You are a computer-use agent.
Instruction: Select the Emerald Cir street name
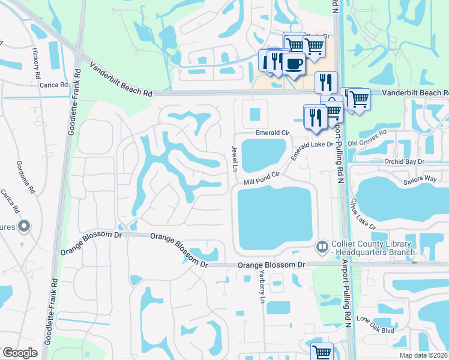(x=273, y=132)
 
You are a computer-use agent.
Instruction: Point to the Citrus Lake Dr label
(x=364, y=213)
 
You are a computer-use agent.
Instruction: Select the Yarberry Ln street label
(x=262, y=286)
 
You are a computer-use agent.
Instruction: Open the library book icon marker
(x=322, y=247)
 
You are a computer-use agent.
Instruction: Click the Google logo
(x=20, y=353)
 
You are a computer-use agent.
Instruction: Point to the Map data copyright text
(x=423, y=355)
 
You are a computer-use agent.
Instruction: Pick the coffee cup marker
(x=293, y=64)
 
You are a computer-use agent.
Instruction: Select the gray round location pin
(x=24, y=226)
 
